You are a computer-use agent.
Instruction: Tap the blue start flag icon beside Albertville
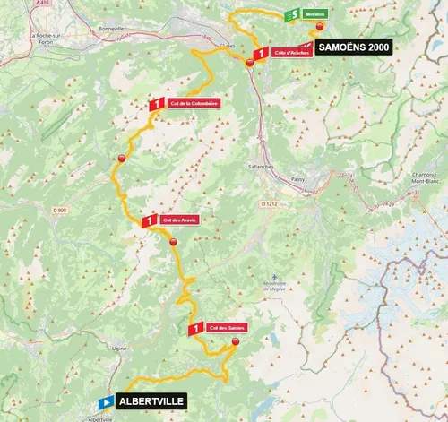[x=106, y=403]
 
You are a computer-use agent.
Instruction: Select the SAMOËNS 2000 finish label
[x=353, y=49]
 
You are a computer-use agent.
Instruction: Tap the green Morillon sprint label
[x=314, y=15]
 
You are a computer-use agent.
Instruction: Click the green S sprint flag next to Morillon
[x=292, y=15]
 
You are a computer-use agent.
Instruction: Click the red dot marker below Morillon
[x=320, y=28]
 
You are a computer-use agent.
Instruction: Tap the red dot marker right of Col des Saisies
[x=236, y=342]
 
